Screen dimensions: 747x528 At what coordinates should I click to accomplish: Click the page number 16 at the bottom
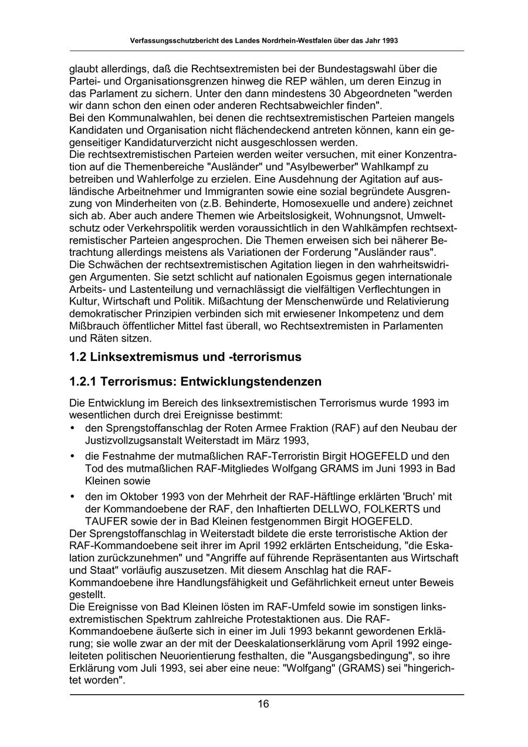263,704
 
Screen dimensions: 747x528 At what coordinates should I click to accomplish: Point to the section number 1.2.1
83,381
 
